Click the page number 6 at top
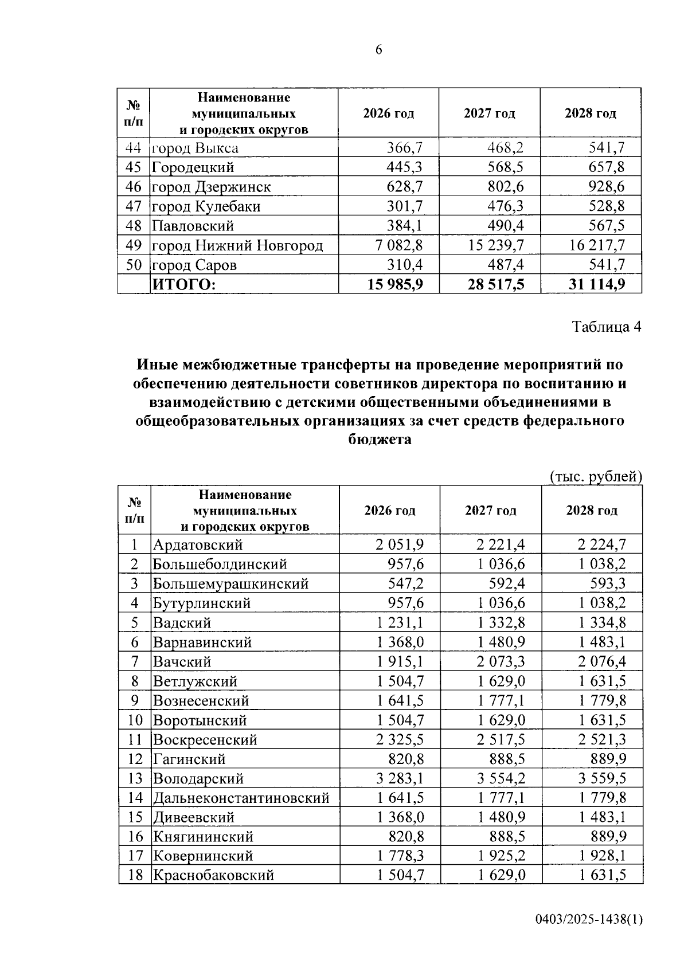(x=378, y=50)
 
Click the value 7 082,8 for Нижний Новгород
(x=399, y=245)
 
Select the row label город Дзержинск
(x=211, y=187)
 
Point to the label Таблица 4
(x=606, y=327)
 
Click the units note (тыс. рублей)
(x=596, y=476)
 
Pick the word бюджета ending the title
(x=380, y=440)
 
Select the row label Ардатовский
(x=198, y=544)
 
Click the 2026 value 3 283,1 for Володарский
(x=400, y=778)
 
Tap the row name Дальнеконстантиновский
(x=241, y=798)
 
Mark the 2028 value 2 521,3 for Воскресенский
(x=602, y=739)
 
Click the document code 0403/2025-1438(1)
(x=589, y=919)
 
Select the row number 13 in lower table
(x=135, y=778)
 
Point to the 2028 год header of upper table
(x=590, y=113)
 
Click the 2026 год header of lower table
(x=390, y=510)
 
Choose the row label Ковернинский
(x=203, y=856)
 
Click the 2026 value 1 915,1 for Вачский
(x=400, y=661)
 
